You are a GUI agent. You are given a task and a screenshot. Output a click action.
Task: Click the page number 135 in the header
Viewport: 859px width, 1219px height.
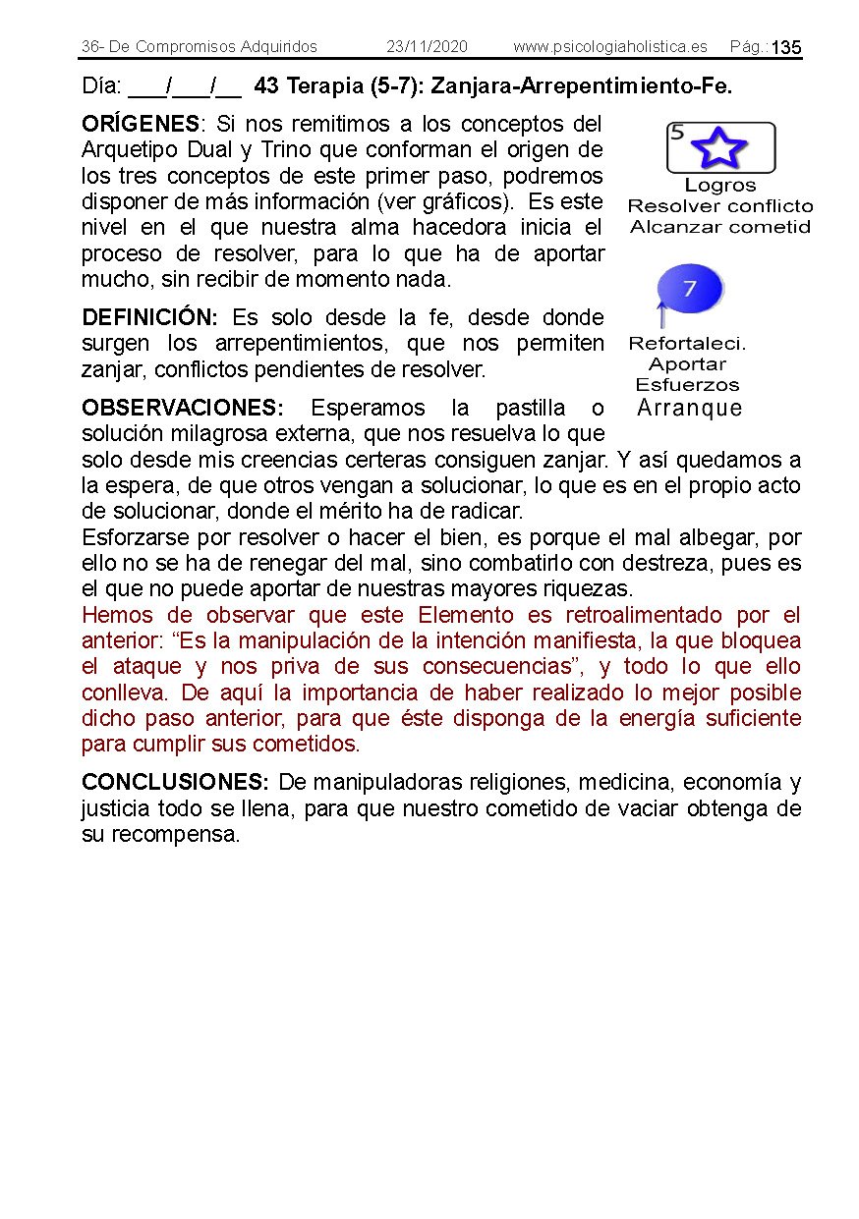(786, 48)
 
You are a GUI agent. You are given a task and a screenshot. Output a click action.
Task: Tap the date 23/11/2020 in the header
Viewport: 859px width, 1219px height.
(427, 47)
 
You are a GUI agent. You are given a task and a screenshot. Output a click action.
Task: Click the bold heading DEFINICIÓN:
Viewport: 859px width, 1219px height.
(150, 318)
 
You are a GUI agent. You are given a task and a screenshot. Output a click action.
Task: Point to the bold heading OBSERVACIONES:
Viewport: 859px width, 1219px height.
(183, 409)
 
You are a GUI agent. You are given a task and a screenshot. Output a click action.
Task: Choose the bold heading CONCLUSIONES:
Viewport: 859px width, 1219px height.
(175, 783)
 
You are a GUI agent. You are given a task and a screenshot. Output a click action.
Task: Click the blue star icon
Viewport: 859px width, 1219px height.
(719, 148)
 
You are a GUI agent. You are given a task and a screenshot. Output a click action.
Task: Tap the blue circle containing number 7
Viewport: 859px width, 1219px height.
(690, 290)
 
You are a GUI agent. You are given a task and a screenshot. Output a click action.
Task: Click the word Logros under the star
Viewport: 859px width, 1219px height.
(719, 186)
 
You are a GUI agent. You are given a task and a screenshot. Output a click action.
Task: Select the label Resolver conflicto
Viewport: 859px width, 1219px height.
(719, 206)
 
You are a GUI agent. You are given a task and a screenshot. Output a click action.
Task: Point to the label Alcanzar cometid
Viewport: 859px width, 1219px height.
(719, 227)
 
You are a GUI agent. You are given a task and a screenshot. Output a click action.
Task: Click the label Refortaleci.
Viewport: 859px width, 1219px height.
(687, 344)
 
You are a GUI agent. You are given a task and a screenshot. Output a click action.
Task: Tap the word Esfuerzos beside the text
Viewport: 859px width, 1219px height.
(687, 385)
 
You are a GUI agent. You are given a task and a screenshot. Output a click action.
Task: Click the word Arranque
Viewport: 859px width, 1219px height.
(689, 408)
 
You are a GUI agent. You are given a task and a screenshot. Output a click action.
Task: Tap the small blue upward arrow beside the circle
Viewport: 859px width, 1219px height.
(661, 315)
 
